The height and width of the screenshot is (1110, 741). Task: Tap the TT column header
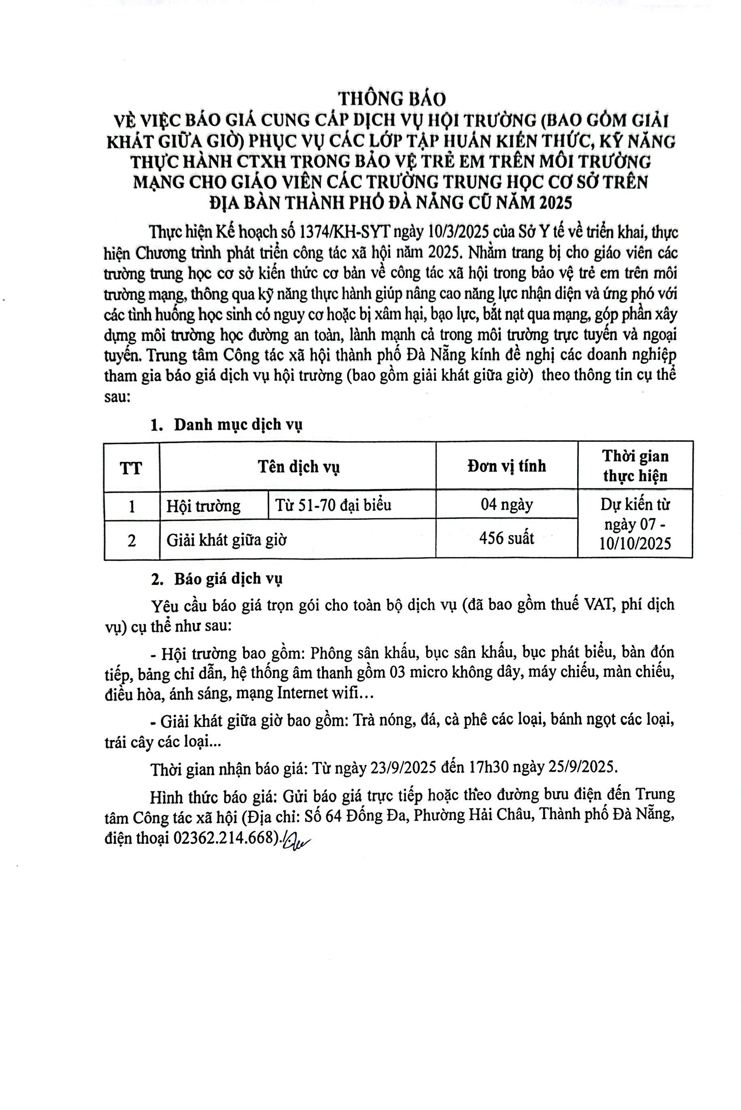(x=131, y=467)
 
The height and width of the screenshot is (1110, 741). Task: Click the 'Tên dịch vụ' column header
(x=298, y=467)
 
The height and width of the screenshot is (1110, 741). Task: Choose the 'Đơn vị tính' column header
(x=506, y=466)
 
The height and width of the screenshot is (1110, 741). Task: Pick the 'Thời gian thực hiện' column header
(x=635, y=466)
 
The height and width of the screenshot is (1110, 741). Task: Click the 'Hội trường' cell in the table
(x=203, y=506)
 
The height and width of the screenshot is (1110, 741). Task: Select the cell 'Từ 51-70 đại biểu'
(x=333, y=505)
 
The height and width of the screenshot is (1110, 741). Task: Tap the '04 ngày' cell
(x=506, y=505)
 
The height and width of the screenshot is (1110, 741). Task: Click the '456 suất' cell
(x=506, y=538)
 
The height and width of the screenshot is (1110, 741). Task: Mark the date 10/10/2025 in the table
(x=635, y=544)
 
